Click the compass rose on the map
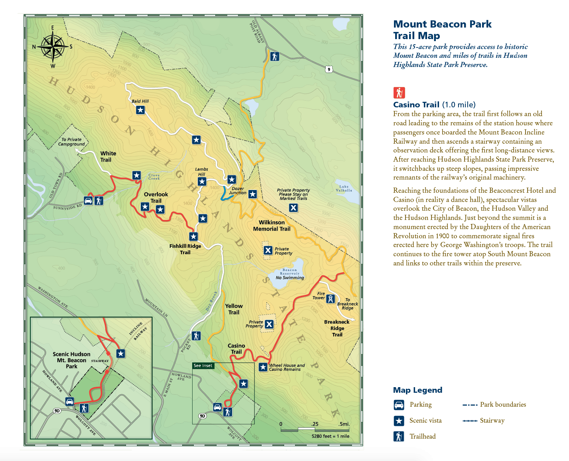(53, 47)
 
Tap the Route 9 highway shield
(329, 69)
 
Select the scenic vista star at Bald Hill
(140, 109)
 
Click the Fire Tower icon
(330, 299)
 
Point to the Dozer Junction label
(238, 191)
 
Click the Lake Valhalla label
(344, 188)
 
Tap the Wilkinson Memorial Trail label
(272, 226)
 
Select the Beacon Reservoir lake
(289, 275)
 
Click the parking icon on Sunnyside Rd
(88, 200)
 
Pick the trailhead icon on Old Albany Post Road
(274, 56)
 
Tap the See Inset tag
(203, 366)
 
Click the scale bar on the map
(315, 430)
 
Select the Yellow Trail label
(234, 309)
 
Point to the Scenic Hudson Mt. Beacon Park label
(71, 360)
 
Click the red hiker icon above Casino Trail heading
(399, 93)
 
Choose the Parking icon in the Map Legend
(399, 405)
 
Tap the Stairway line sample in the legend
(470, 421)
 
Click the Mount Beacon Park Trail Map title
(442, 30)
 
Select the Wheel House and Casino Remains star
(263, 367)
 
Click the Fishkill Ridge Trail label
(185, 249)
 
